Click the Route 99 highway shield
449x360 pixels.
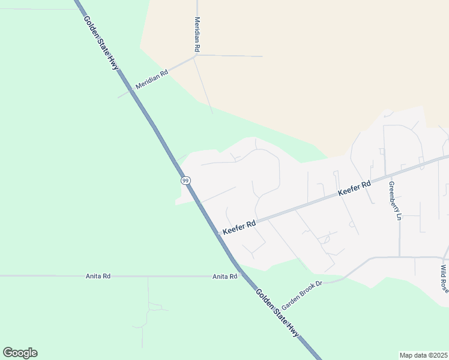tap(185, 180)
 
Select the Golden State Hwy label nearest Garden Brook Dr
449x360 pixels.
tap(278, 314)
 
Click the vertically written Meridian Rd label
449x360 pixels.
tap(196, 34)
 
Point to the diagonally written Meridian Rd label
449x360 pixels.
tap(152, 78)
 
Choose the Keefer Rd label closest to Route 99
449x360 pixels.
tap(240, 227)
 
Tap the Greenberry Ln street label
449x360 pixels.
tap(394, 200)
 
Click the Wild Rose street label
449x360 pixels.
tap(444, 278)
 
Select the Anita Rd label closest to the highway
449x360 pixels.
tap(224, 277)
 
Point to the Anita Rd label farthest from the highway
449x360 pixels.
tap(98, 276)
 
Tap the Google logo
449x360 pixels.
tap(20, 353)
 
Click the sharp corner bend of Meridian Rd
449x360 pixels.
tap(195, 56)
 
